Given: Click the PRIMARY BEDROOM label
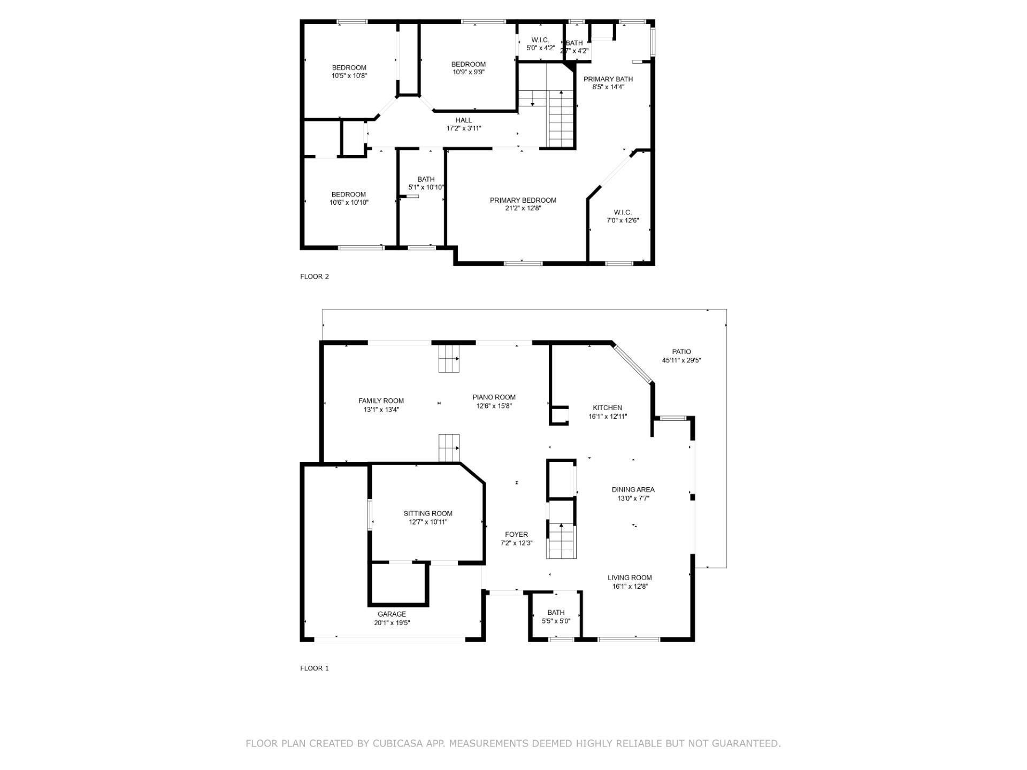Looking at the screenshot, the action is pyautogui.click(x=523, y=201).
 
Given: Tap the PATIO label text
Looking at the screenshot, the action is pyautogui.click(x=681, y=352).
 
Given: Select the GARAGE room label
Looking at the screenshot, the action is pyautogui.click(x=392, y=614).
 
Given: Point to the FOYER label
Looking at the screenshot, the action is pyautogui.click(x=516, y=535).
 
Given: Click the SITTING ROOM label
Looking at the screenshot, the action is pyautogui.click(x=428, y=514).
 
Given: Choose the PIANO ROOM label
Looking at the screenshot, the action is pyautogui.click(x=494, y=397).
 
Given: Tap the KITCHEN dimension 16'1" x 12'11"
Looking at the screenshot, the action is pyautogui.click(x=608, y=417).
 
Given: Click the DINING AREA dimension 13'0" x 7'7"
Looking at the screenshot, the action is pyautogui.click(x=633, y=498).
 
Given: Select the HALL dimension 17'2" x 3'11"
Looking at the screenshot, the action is pyautogui.click(x=464, y=128).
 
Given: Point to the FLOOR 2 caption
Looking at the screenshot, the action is pyautogui.click(x=315, y=276).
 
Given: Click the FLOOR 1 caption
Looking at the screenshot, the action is pyautogui.click(x=315, y=668).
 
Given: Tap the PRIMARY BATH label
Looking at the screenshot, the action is pyautogui.click(x=608, y=79).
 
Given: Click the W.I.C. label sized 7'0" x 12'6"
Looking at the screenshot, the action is pyautogui.click(x=623, y=213).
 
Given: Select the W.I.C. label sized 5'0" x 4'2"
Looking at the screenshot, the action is pyautogui.click(x=540, y=40).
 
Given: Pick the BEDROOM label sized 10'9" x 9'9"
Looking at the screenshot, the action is pyautogui.click(x=469, y=65).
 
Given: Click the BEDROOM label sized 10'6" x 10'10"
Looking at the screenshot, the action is pyautogui.click(x=349, y=195).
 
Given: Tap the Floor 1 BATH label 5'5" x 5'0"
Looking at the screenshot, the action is pyautogui.click(x=556, y=613).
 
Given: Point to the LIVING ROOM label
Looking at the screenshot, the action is pyautogui.click(x=630, y=577).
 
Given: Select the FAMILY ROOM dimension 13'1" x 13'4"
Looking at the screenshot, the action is pyautogui.click(x=381, y=410).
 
